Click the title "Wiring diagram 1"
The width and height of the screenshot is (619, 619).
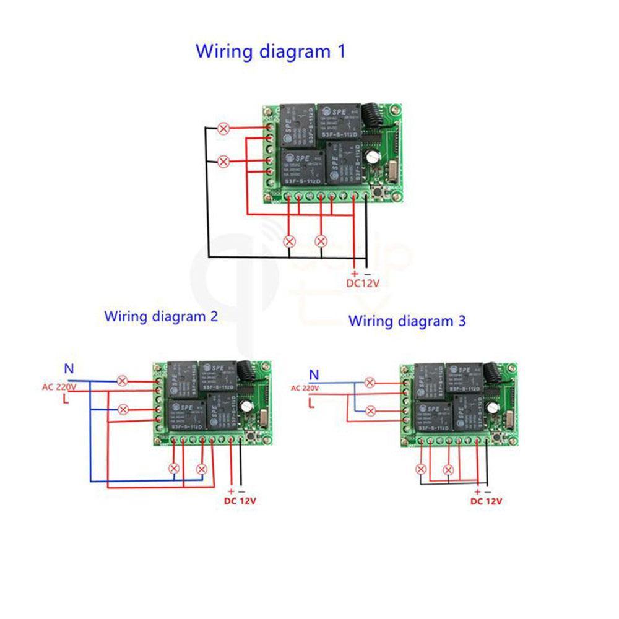tap(271, 51)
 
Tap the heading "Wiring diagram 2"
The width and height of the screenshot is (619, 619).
tap(161, 316)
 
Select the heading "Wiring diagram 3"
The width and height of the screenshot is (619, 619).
tap(407, 321)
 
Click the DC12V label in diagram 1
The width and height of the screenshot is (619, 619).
tap(362, 284)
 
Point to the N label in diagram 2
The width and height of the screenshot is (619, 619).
tap(69, 369)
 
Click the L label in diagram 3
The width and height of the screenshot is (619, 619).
tap(312, 403)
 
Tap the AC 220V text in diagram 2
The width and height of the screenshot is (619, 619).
tap(59, 387)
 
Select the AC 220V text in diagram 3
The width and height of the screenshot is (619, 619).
tap(304, 388)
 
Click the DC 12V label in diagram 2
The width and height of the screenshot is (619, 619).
tap(240, 501)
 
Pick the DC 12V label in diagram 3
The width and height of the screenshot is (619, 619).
tap(486, 501)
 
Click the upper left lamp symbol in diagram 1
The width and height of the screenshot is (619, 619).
tap(224, 129)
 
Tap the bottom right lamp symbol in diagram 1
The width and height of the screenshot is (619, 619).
tap(321, 240)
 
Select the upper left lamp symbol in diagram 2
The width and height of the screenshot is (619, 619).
tap(123, 381)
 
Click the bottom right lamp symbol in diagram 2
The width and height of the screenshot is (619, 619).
tap(201, 469)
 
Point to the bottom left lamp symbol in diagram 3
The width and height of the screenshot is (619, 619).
tap(422, 469)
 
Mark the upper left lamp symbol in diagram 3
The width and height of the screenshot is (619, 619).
tap(370, 383)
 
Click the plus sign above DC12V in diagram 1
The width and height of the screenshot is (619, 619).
tap(354, 273)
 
